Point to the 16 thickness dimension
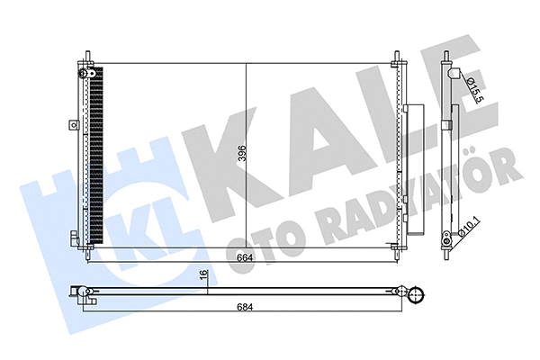click(204, 277)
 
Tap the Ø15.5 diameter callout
click(472, 87)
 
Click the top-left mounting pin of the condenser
click(87, 57)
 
